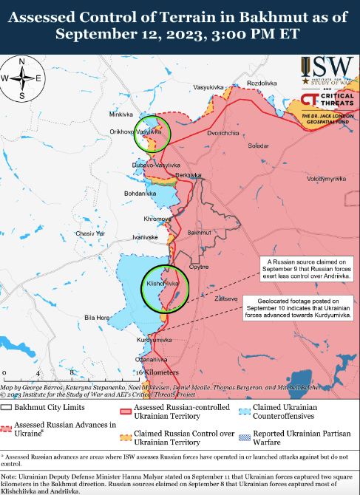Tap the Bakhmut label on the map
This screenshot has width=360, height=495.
point(200,233)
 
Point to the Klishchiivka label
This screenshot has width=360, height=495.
point(163,284)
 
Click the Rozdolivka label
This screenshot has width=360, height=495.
point(262,83)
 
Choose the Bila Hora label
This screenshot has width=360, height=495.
point(97,317)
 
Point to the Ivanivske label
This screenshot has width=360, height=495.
point(145,237)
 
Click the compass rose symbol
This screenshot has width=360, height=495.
point(21,78)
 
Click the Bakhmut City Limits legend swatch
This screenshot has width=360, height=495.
point(7,407)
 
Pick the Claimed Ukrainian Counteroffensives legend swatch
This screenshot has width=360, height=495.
point(243,407)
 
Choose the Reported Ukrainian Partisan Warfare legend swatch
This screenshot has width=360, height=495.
point(243,438)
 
